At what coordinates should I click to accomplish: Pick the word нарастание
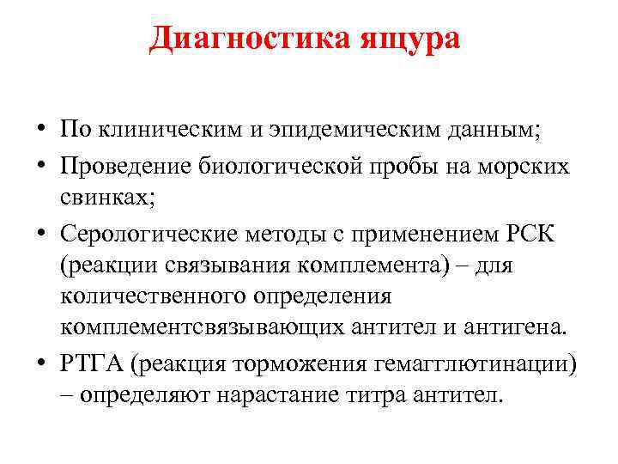coord(292,397)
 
